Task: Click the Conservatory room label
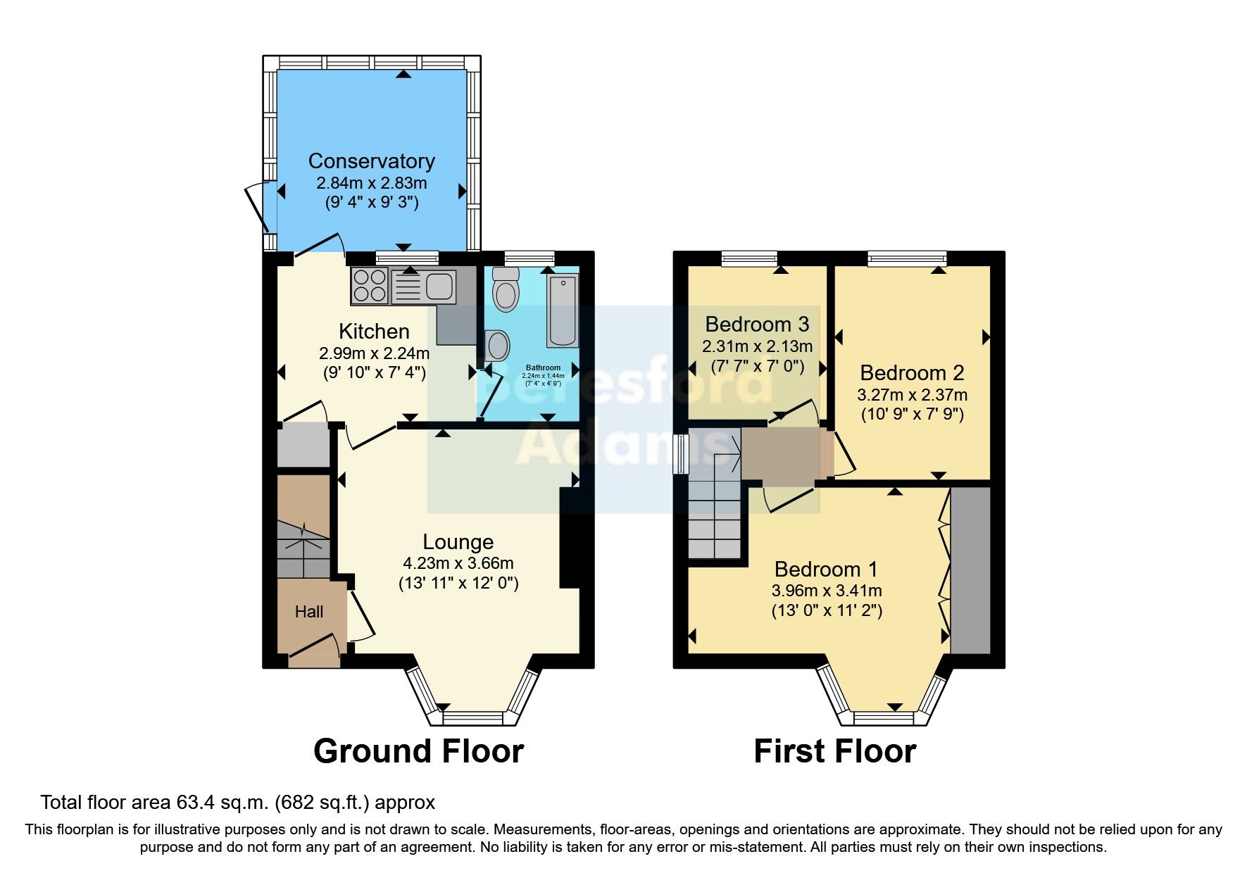click(x=371, y=161)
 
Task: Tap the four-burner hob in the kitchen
click(x=370, y=286)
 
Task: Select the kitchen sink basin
click(x=439, y=286)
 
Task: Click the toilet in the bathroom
click(x=505, y=291)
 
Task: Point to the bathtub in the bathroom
click(x=563, y=310)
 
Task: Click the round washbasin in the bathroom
click(x=498, y=346)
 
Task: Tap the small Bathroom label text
click(x=543, y=368)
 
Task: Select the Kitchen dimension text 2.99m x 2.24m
click(x=374, y=353)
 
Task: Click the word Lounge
click(x=458, y=542)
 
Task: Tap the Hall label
click(x=309, y=612)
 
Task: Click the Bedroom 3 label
click(x=757, y=325)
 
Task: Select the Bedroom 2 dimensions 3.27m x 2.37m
click(x=912, y=395)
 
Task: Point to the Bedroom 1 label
click(x=826, y=569)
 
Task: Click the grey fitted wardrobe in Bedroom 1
click(x=970, y=570)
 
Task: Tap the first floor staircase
click(x=714, y=507)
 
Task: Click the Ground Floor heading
click(x=418, y=751)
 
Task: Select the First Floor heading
click(x=834, y=751)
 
